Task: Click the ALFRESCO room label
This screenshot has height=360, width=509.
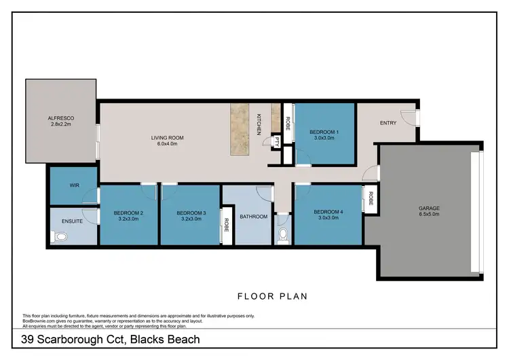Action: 60,118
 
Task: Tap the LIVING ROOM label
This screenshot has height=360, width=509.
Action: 167,138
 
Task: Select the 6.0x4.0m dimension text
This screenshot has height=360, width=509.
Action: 167,144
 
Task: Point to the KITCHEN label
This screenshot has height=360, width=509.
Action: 259,124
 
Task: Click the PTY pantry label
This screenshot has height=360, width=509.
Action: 276,143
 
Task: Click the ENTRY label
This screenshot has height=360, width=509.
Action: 388,123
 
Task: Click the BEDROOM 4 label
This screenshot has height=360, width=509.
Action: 328,212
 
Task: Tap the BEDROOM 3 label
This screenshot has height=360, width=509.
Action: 191,213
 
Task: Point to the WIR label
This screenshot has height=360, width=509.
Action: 75,185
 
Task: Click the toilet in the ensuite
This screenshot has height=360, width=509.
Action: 60,237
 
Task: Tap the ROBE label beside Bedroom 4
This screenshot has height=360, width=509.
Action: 371,198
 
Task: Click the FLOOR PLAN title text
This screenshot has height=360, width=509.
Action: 272,295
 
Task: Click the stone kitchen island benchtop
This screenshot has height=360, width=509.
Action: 240,130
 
